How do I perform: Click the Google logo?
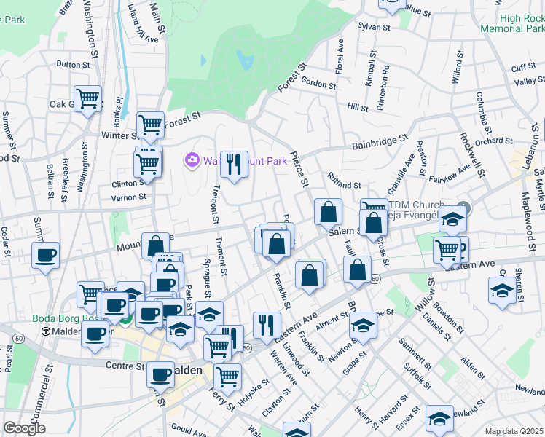click(x=24, y=428)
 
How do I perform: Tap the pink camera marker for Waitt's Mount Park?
click(x=192, y=160)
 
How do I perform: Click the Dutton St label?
click(x=72, y=64)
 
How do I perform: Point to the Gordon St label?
click(x=318, y=84)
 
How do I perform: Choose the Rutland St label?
click(x=344, y=186)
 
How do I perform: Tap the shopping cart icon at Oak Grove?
click(x=87, y=97)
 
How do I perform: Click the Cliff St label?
click(x=523, y=68)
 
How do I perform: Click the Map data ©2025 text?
click(x=514, y=431)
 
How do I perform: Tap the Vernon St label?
click(x=128, y=197)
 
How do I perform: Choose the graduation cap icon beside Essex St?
click(x=439, y=417)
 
